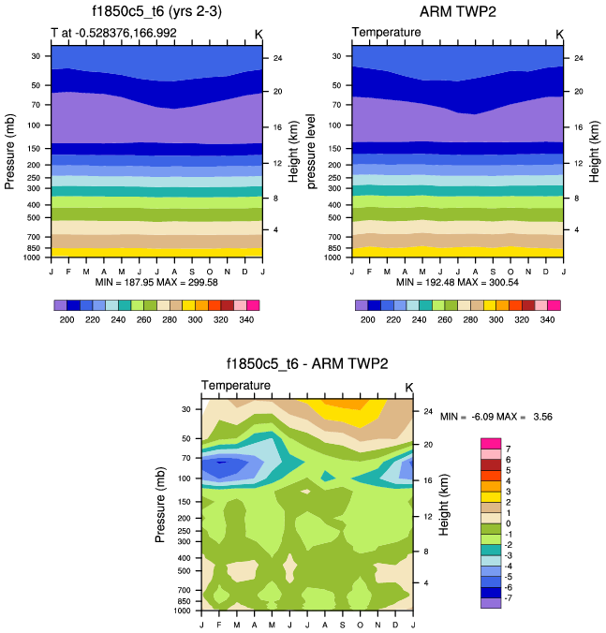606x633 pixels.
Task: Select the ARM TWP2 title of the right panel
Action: click(x=457, y=13)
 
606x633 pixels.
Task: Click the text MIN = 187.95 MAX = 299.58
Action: click(x=156, y=282)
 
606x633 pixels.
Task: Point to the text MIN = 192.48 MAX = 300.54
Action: click(x=457, y=282)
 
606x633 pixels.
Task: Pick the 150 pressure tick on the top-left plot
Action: click(x=37, y=148)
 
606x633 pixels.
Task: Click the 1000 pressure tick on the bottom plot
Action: click(x=184, y=610)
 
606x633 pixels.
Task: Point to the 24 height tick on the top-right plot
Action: click(x=578, y=58)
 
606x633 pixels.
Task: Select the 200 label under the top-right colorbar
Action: click(x=367, y=319)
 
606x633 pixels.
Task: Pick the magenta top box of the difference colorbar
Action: click(x=488, y=443)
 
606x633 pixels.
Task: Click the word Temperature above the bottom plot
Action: click(x=236, y=385)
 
